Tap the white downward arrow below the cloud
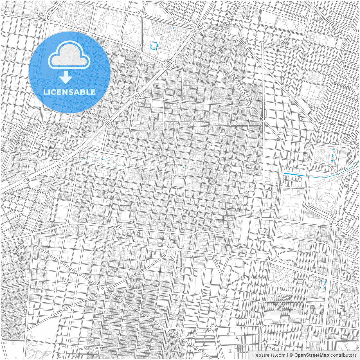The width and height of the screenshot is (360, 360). point(66,77)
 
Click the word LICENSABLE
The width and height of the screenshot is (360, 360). point(69,92)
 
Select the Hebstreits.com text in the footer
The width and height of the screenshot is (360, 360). point(269,355)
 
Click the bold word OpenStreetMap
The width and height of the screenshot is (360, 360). point(312,355)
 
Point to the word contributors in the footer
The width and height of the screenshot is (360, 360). point(343,355)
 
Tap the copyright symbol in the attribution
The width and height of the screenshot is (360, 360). point(291,355)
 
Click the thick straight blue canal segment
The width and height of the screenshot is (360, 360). point(295,175)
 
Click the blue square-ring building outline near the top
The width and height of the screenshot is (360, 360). point(154,46)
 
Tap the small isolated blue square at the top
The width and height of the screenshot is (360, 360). point(174,28)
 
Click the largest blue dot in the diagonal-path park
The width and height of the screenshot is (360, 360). point(102,159)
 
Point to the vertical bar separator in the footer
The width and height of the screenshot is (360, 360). point(287,355)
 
